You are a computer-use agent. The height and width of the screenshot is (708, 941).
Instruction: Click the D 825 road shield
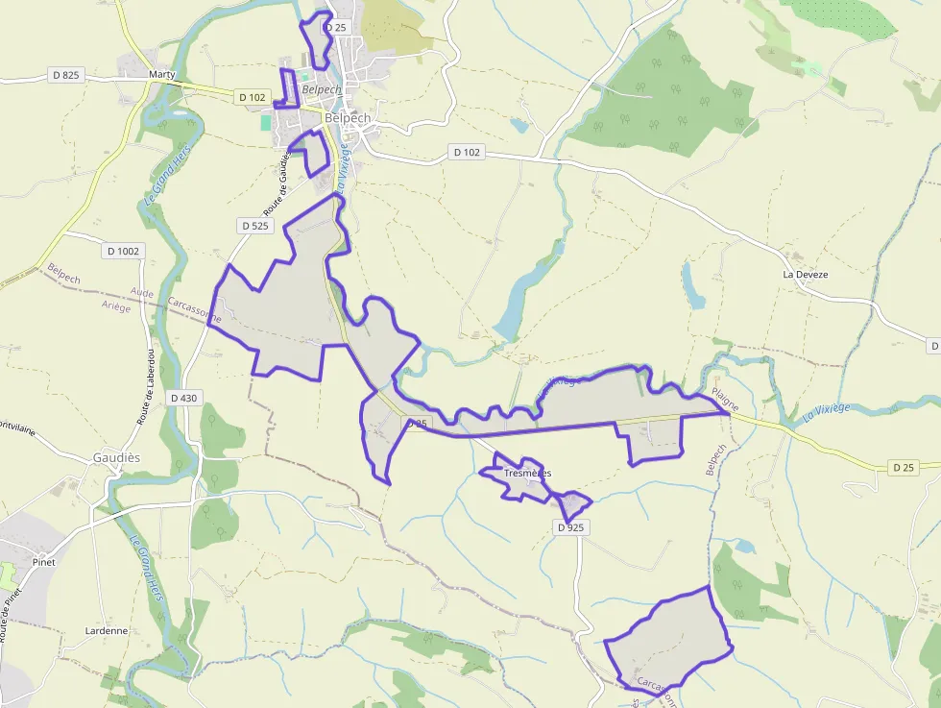[63, 75]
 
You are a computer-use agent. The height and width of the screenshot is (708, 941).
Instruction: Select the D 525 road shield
[255, 226]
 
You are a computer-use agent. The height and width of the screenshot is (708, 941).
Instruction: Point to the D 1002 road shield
[122, 251]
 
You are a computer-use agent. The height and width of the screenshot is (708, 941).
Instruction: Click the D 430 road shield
[182, 398]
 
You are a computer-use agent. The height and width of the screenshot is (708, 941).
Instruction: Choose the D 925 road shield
[570, 527]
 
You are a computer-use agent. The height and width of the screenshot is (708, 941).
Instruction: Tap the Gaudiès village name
[116, 458]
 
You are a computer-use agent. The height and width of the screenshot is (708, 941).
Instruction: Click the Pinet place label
[43, 561]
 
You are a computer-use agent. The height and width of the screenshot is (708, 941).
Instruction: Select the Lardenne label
[106, 631]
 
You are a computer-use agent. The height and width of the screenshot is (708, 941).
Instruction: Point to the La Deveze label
[805, 274]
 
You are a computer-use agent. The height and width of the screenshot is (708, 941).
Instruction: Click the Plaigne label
[725, 401]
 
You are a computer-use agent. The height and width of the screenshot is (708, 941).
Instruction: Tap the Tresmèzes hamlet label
[527, 473]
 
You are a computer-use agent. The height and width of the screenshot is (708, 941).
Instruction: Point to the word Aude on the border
[141, 292]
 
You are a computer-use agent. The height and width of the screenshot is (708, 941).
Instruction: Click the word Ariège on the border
[115, 305]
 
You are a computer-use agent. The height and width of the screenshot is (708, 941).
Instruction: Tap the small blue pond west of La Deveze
[692, 285]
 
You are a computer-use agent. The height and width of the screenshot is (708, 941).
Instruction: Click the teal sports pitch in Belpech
[265, 123]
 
